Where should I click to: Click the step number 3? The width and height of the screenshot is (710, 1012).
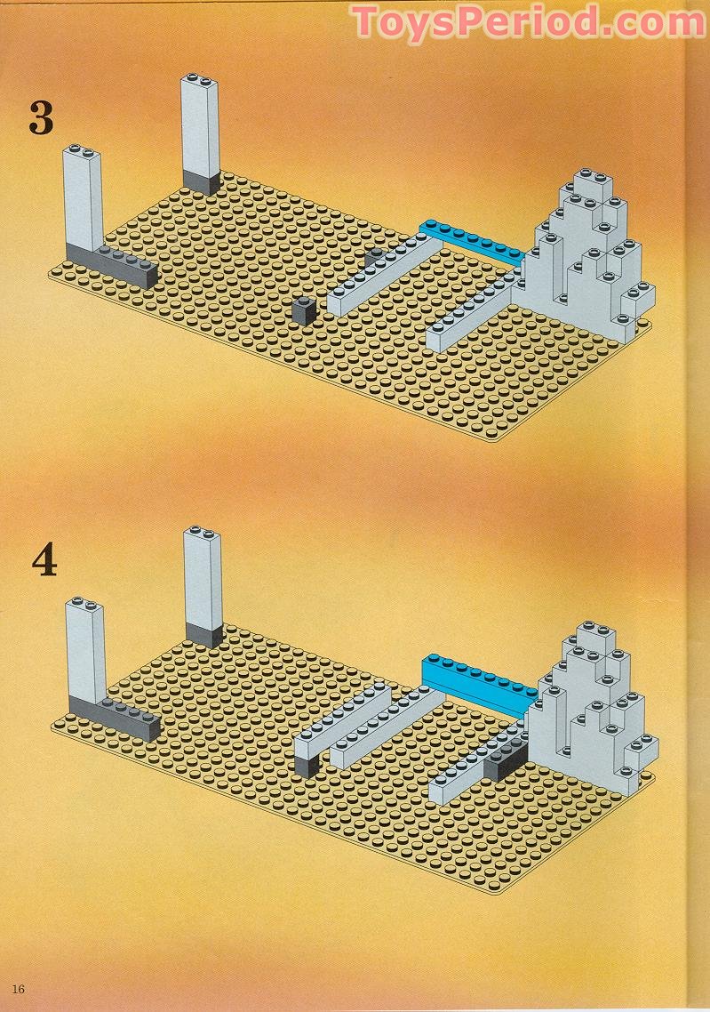tap(41, 117)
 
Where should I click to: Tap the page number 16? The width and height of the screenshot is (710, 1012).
tap(18, 988)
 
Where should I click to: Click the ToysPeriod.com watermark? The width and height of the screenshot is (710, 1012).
tap(528, 22)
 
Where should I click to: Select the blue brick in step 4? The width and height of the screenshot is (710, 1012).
tap(478, 684)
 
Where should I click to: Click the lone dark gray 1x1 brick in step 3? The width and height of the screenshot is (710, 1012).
tap(304, 311)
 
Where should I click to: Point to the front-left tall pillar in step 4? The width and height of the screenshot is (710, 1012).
tap(85, 650)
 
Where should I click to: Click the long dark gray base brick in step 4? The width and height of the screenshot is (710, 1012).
tap(115, 718)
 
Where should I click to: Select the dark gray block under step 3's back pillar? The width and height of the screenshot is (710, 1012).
tap(201, 182)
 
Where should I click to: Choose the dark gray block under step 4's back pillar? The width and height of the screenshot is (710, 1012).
tap(204, 635)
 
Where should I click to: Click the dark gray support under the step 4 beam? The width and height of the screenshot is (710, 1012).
tap(307, 766)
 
